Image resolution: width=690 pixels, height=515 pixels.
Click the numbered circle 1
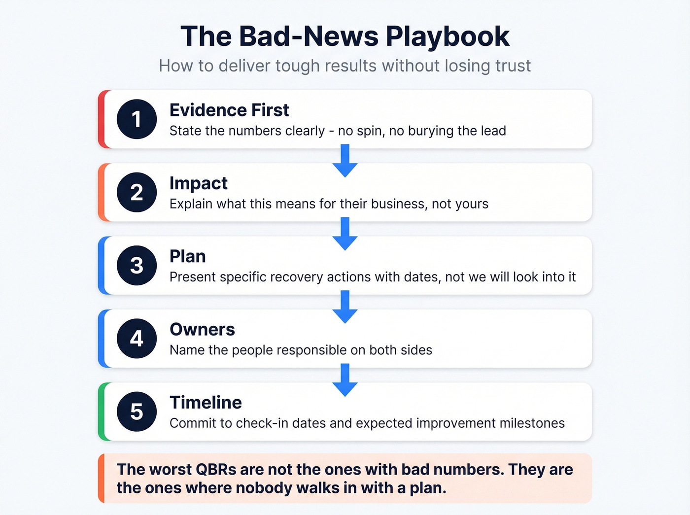(137, 119)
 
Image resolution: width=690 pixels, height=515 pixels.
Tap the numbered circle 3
(137, 266)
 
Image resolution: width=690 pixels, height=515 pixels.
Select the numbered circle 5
(137, 412)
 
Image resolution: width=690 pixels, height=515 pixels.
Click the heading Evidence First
(229, 110)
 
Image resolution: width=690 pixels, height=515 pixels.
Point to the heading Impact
(198, 183)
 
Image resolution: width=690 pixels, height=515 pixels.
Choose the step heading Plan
(187, 256)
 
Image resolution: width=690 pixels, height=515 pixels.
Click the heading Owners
(202, 329)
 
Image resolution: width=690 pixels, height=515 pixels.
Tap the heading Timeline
(206, 403)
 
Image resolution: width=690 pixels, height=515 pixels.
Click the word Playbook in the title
(448, 36)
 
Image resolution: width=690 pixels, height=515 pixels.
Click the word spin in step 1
(370, 131)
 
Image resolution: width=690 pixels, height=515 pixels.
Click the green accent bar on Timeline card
(102, 412)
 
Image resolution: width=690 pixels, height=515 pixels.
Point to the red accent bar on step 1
(102, 119)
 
